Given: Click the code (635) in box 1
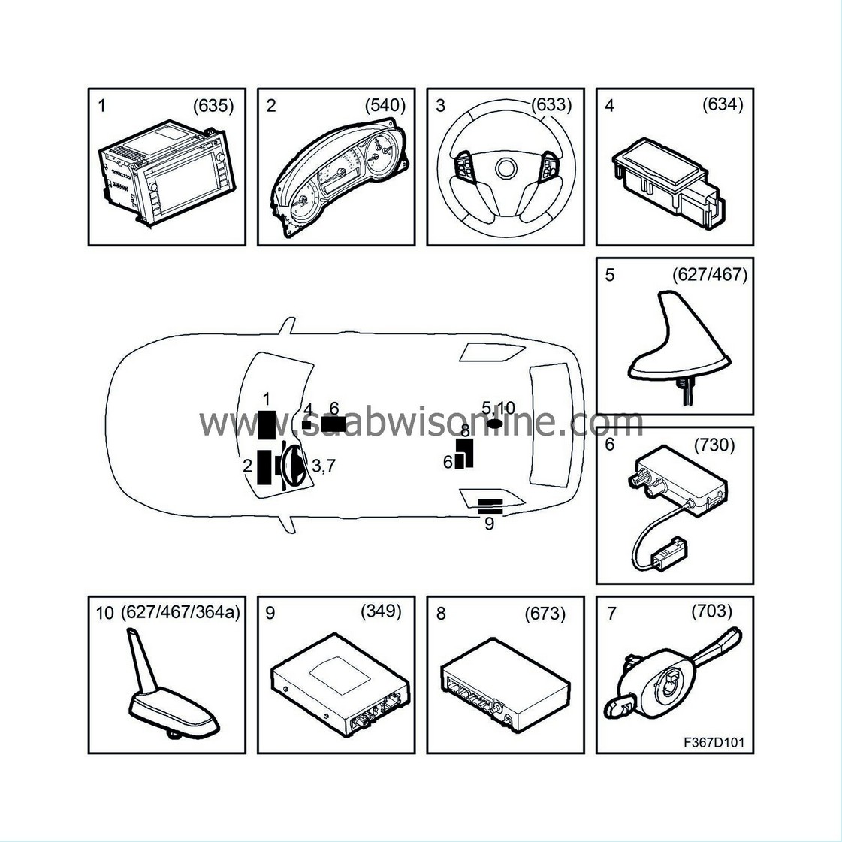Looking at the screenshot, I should coord(213,106).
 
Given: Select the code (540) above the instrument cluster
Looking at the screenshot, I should coord(385,106).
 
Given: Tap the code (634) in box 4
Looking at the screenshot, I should coord(723,105).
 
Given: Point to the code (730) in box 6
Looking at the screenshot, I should coord(714,445).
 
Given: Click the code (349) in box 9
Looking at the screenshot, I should coord(381,611).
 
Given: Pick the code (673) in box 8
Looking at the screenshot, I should coord(545,614).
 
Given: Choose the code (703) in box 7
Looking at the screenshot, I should coord(711,611).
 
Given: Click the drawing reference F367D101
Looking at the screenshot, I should coord(714,743).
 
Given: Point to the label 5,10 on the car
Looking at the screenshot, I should coord(498,408).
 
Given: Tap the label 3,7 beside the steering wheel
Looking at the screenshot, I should coord(323,466).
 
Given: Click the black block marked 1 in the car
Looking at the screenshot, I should coord(267,424).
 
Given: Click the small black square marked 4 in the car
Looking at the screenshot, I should coord(306,424).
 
